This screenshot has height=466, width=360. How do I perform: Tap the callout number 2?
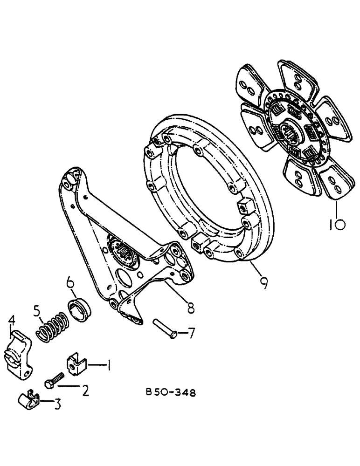click(x=85, y=391)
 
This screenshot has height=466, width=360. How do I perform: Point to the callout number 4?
click(x=12, y=321)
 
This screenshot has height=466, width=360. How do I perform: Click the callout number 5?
click(x=37, y=310)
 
